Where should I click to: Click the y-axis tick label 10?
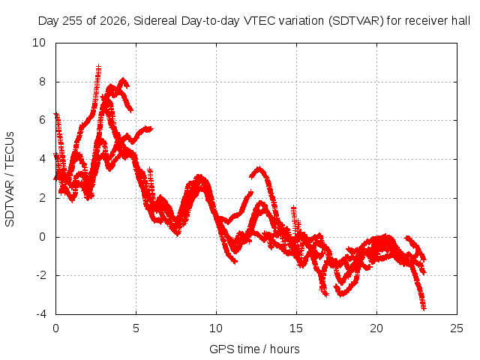39,43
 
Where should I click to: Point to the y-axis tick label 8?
42,82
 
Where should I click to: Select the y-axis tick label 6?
42,120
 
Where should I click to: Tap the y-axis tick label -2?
40,275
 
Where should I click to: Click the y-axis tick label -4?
40,314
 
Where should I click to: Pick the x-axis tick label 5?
136,328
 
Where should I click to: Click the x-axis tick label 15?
296,328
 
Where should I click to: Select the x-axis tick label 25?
457,328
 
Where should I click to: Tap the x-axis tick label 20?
376,328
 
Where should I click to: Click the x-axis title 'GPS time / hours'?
254,349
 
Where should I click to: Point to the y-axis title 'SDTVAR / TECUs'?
10,179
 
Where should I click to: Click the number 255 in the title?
73,21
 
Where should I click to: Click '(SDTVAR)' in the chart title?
355,21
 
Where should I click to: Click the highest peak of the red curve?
98,65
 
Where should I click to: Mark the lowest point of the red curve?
423,308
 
